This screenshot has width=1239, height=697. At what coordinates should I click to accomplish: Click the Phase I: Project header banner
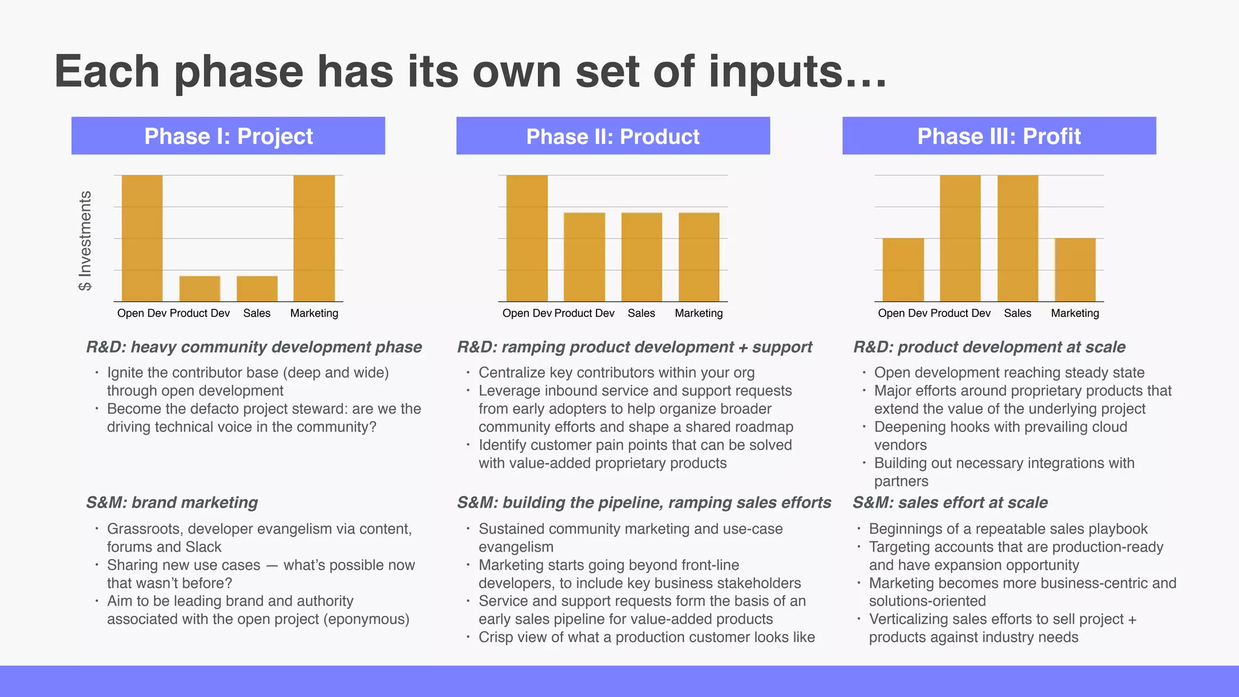pos(228,136)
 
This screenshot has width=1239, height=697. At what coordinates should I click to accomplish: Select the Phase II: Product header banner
pos(613,136)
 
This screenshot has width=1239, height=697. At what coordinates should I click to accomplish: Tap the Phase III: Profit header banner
pos(999,136)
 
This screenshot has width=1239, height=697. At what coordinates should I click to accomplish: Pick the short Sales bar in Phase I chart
pos(257,289)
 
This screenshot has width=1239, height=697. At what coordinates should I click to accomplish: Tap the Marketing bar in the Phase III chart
pos(1075,270)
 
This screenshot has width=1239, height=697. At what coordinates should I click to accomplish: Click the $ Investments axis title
pos(85,241)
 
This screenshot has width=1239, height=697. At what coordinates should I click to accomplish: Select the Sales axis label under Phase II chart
pos(641,313)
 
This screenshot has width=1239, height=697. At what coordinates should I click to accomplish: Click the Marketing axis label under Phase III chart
pos(1075,313)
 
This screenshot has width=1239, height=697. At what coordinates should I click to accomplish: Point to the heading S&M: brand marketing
pos(172,503)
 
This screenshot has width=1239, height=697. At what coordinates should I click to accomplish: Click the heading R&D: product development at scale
pos(989,347)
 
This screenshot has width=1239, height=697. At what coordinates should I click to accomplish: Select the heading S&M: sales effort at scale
pos(950,503)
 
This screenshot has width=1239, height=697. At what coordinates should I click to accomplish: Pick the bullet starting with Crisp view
pos(646,638)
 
